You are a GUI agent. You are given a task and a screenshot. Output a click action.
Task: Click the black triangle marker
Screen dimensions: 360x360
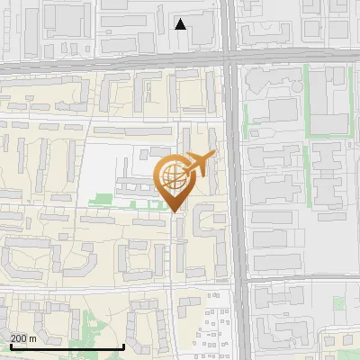coord(181,24)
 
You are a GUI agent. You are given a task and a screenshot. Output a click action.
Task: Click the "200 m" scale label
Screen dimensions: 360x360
coord(24,338)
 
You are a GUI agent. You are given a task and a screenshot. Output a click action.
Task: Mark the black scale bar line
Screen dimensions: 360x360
coord(67,346)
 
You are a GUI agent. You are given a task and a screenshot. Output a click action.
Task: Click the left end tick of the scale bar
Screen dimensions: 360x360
coord(11,345)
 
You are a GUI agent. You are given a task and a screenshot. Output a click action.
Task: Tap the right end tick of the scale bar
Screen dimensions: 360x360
coord(122,345)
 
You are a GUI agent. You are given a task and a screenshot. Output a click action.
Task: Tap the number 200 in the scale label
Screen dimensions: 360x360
coord(19,338)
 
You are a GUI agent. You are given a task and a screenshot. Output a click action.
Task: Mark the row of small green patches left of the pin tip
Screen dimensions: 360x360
coord(135,205)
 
